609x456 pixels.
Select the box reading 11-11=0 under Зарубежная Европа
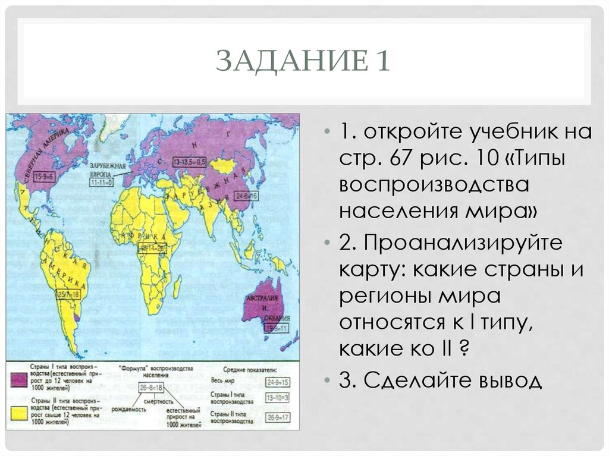(102, 183)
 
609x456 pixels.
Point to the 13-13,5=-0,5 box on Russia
(190, 162)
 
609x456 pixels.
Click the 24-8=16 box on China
(246, 196)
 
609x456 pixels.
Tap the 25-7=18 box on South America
(68, 294)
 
